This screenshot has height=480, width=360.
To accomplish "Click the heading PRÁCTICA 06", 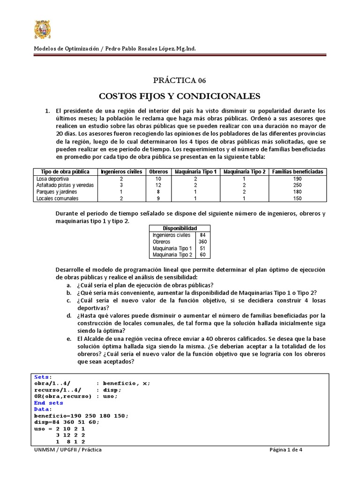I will (180, 80).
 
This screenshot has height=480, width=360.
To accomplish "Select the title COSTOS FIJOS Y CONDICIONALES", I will (180, 96).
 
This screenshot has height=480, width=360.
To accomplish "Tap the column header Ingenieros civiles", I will (121, 172).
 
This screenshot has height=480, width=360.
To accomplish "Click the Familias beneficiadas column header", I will (297, 172).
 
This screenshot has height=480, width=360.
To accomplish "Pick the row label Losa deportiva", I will (52, 179).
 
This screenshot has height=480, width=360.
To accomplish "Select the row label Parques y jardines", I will (57, 192).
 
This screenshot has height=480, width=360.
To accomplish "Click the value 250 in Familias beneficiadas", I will (297, 185).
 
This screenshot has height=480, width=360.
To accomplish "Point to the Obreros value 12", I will (158, 185).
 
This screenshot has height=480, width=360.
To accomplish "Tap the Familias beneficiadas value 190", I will (297, 179).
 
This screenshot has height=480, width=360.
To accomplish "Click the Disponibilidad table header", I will (180, 228).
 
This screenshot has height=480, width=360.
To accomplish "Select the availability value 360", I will (202, 242).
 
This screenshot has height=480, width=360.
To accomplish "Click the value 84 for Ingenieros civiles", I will (202, 235).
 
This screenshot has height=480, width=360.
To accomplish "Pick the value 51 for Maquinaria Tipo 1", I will (202, 248).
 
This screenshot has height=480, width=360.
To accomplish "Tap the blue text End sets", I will (49, 403).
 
